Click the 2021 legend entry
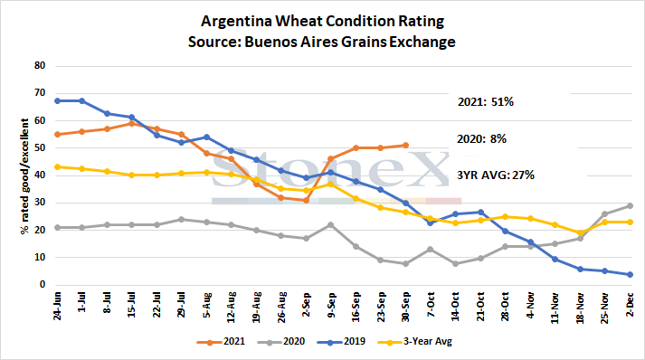pyautogui.click(x=221, y=342)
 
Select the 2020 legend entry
pyautogui.click(x=281, y=342)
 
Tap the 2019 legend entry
pyautogui.click(x=341, y=342)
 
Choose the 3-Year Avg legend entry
pyautogui.click(x=414, y=342)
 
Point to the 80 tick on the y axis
pyautogui.click(x=40, y=65)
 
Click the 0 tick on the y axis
pyautogui.click(x=43, y=284)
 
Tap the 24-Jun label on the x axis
pyautogui.click(x=57, y=306)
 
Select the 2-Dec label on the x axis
pyautogui.click(x=629, y=305)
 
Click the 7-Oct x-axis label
pyautogui.click(x=431, y=305)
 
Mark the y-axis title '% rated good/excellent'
pyautogui.click(x=25, y=176)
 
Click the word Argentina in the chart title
pyautogui.click(x=236, y=21)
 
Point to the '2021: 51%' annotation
pyautogui.click(x=486, y=101)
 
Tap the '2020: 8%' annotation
pyautogui.click(x=481, y=139)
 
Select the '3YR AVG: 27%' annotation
pyautogui.click(x=496, y=175)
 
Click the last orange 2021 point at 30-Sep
pyautogui.click(x=405, y=146)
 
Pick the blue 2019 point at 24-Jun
pyautogui.click(x=57, y=100)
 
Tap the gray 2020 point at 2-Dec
pyautogui.click(x=630, y=205)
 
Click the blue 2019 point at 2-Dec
pyautogui.click(x=630, y=274)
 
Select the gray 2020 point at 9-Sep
pyautogui.click(x=330, y=225)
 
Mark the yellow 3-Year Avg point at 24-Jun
pyautogui.click(x=57, y=167)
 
